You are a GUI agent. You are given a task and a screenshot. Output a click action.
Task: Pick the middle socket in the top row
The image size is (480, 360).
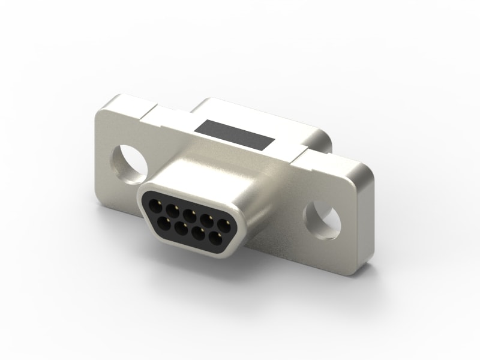click(x=189, y=214)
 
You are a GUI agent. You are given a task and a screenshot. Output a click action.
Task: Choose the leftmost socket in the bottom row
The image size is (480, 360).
click(x=164, y=221)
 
